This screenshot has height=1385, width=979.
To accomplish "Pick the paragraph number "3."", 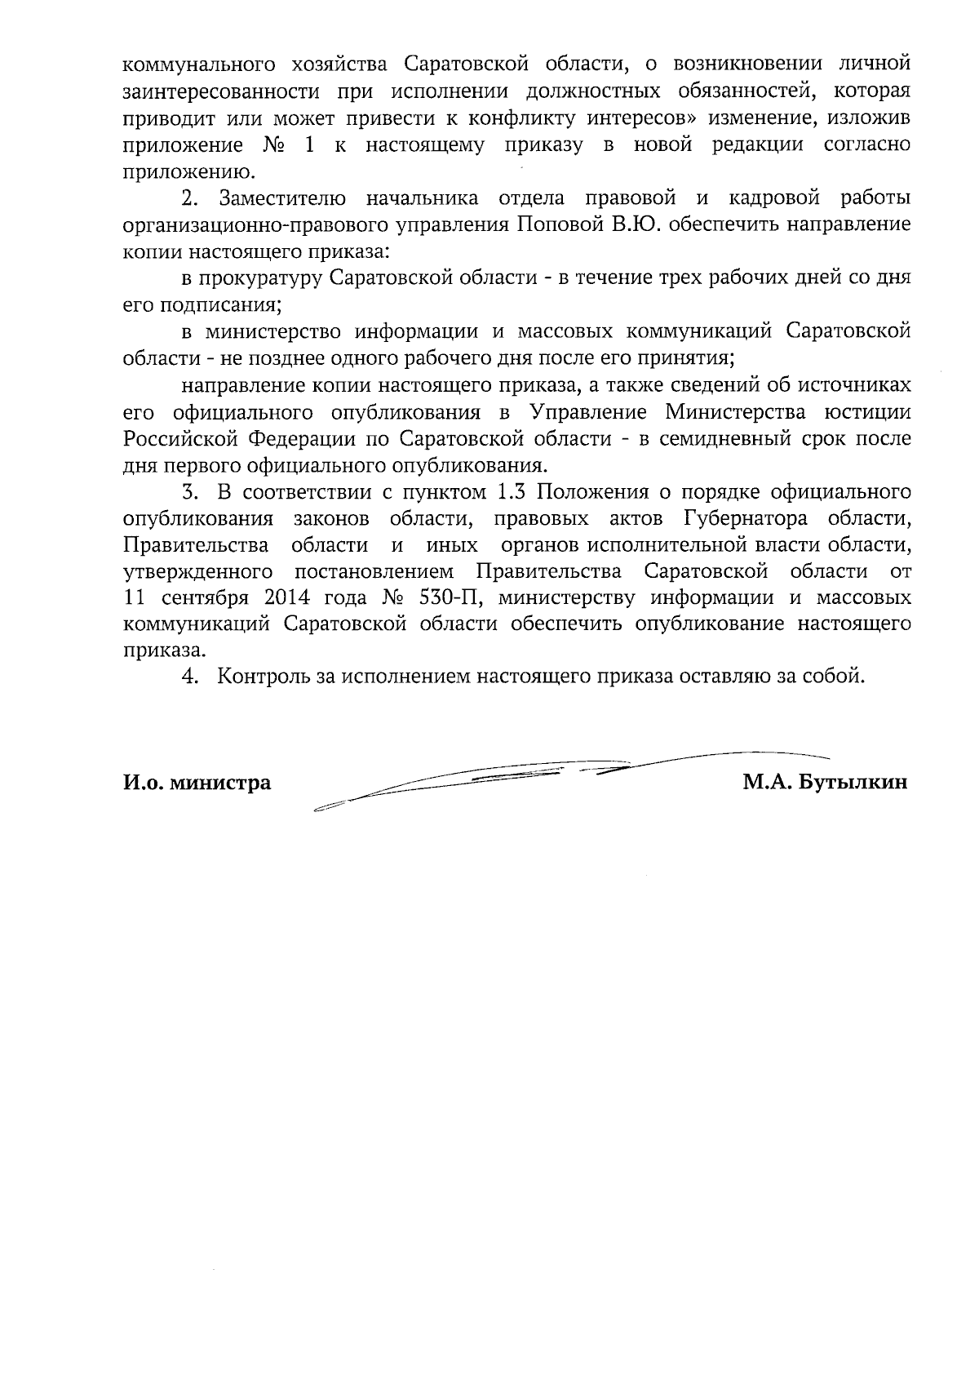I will [190, 492].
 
